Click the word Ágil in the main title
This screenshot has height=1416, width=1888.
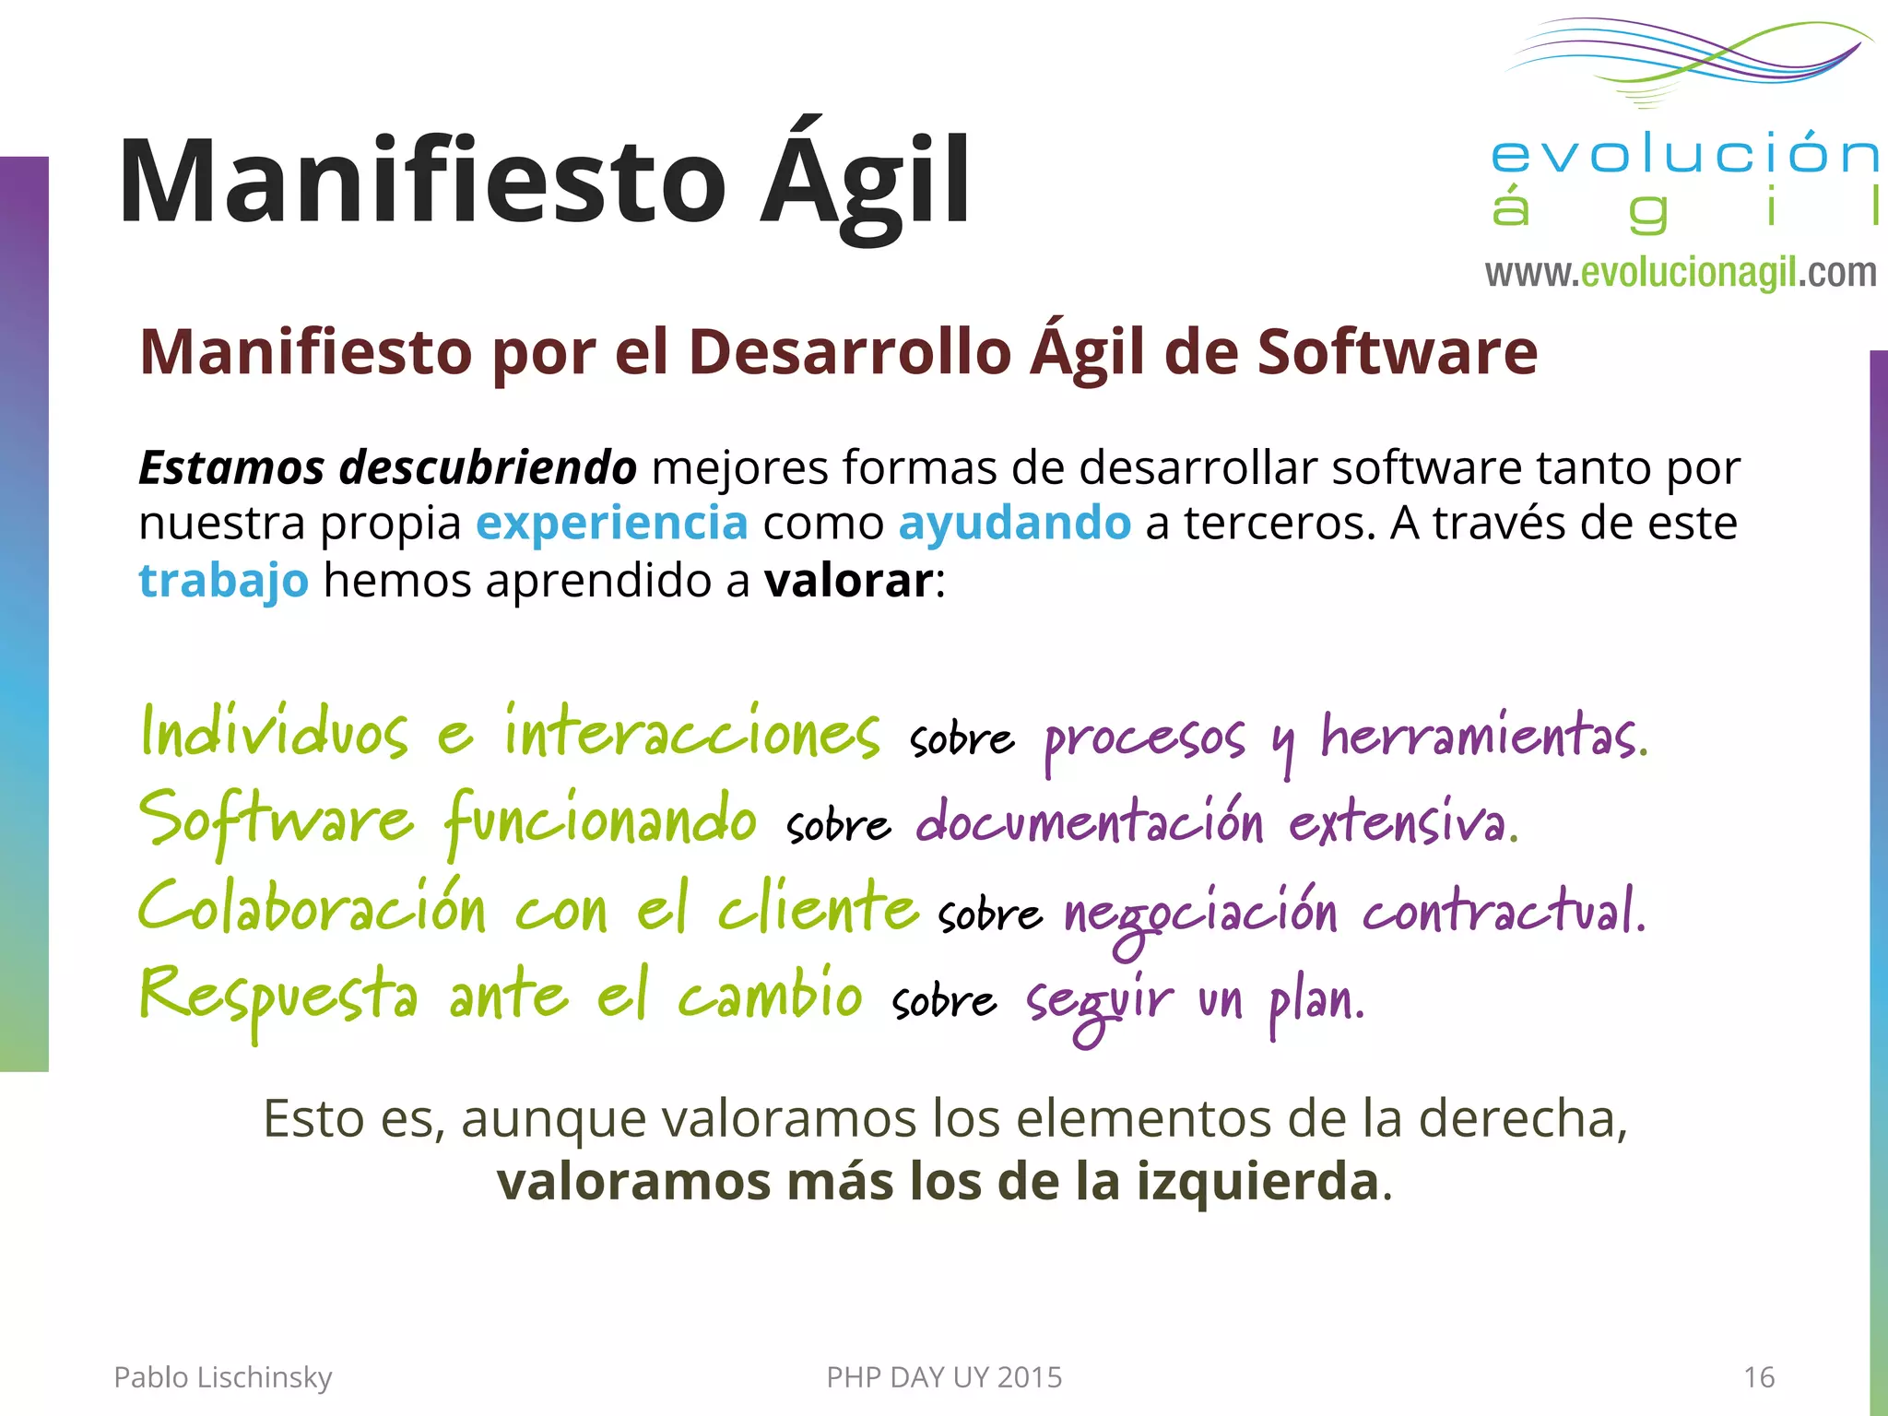(865, 181)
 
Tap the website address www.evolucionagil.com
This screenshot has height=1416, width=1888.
(1680, 273)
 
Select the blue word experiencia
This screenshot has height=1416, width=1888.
(611, 524)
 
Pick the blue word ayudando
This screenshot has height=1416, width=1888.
(1014, 524)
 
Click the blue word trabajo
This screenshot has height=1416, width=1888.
(223, 581)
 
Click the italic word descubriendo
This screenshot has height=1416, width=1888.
(488, 467)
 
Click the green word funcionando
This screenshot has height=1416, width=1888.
(600, 820)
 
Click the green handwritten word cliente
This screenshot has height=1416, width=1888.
(819, 907)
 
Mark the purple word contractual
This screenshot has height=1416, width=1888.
(1503, 911)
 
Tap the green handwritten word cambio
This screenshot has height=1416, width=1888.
(770, 996)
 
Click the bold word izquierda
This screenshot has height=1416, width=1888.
(1257, 1182)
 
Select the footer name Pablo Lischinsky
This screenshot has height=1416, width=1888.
(222, 1377)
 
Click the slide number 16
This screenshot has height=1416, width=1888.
(1759, 1377)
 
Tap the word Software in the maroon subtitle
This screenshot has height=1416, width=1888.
(1398, 352)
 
